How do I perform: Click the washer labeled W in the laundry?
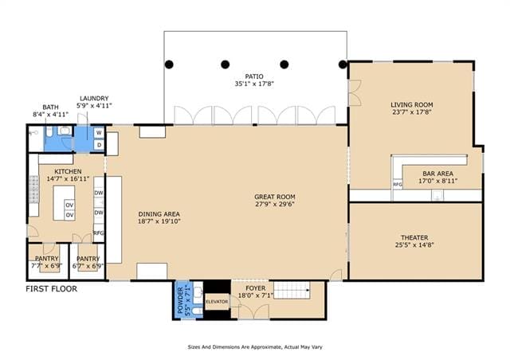point(99,133)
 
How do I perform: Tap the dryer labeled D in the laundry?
point(99,145)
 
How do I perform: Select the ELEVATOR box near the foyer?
point(217,302)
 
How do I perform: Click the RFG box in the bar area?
point(398,185)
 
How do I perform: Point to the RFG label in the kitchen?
point(99,233)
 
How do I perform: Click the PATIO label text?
point(254,76)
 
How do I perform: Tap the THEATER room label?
point(414,237)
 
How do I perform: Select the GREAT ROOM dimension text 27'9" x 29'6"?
point(275,204)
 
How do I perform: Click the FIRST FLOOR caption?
point(51,289)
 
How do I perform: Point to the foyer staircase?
point(292,290)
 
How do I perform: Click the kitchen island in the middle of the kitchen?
point(64,203)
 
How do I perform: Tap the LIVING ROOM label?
point(412,104)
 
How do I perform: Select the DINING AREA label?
point(159,214)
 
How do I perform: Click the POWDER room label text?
point(180,300)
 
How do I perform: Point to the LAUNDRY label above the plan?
point(94,98)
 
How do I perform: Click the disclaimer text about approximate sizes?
point(255,347)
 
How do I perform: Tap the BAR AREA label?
point(437,174)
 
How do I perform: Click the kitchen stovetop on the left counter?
point(33,190)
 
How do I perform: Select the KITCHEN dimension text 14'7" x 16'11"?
point(68,179)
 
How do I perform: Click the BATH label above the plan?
point(50,107)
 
